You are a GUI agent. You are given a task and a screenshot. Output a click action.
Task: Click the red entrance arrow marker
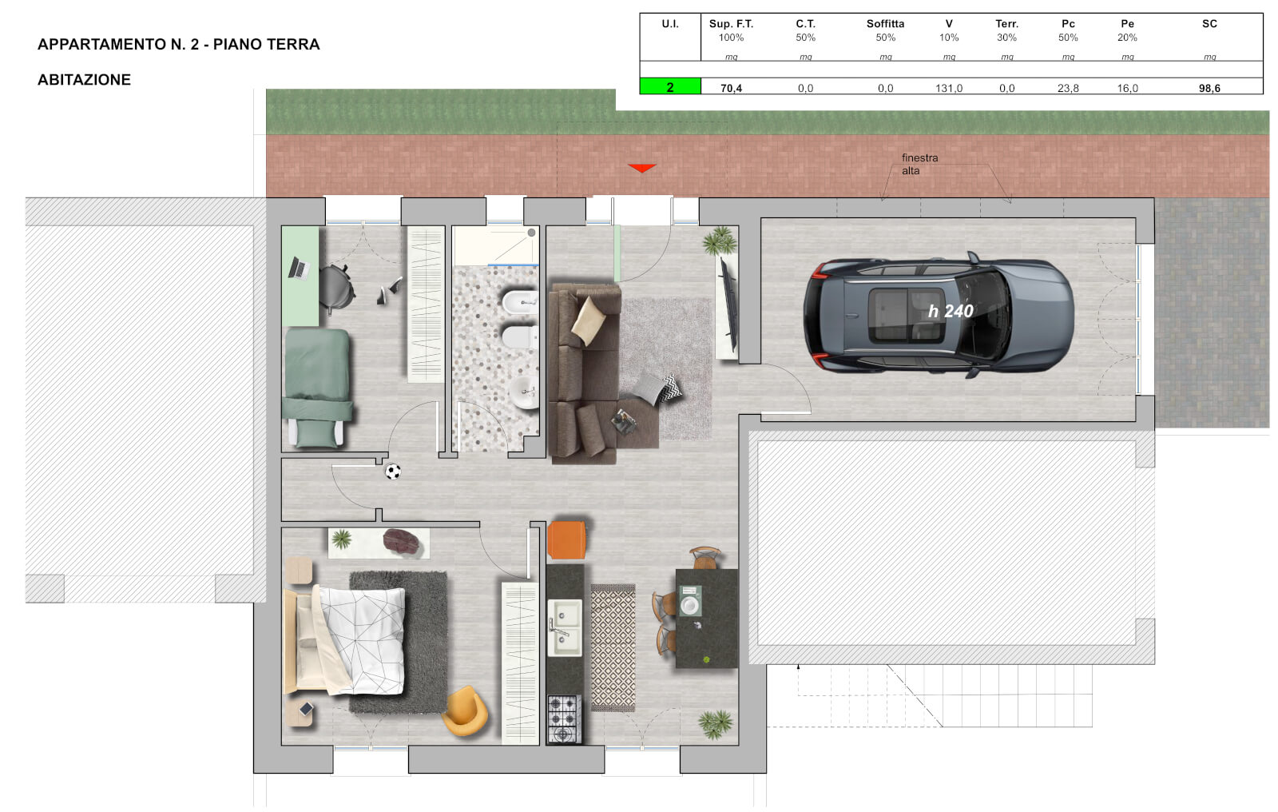pos(641,168)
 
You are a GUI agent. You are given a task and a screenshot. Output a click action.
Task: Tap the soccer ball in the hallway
pos(392,472)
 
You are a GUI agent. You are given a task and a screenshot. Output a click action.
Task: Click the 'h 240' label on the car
pos(951,311)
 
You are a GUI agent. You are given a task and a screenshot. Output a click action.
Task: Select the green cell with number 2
pos(670,87)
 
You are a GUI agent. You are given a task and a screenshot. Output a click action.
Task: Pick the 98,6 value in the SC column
pos(1209,88)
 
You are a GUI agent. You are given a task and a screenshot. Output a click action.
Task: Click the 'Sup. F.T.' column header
pos(731,24)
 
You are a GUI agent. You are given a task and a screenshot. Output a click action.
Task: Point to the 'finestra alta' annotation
pos(919,164)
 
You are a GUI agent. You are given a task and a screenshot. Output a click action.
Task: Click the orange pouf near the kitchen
pos(566,539)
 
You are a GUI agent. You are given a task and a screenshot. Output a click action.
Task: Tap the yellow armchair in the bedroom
pos(465,710)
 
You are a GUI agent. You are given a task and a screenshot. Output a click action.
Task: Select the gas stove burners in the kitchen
pos(564,718)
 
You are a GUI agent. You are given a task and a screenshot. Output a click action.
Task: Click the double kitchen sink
pos(564,627)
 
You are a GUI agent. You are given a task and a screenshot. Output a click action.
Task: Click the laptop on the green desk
pos(299,268)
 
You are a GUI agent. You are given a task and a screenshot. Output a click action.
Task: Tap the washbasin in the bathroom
pos(524,393)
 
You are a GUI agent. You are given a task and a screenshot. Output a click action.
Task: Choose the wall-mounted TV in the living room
pos(728,305)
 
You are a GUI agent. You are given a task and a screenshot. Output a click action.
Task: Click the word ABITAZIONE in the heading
pos(84,79)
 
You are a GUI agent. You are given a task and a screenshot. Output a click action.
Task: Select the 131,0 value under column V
pos(948,88)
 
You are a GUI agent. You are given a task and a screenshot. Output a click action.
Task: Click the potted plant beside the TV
pos(720,241)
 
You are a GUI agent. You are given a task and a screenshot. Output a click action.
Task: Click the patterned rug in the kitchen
pos(613,647)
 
